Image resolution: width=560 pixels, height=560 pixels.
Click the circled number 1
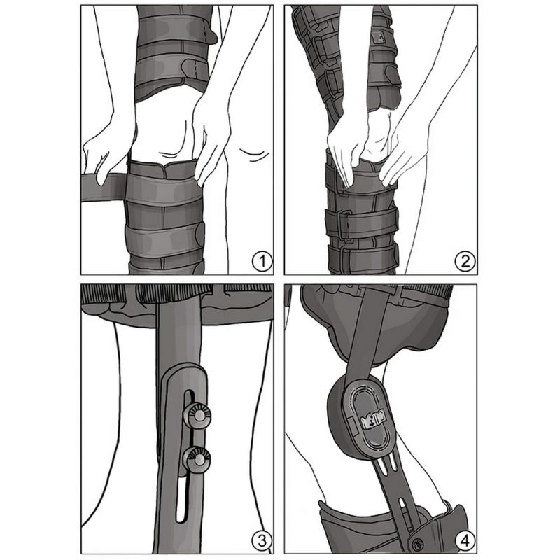click(261, 262)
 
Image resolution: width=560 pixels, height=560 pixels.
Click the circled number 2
click(464, 262)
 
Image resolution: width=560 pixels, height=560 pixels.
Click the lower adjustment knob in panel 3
click(195, 459)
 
